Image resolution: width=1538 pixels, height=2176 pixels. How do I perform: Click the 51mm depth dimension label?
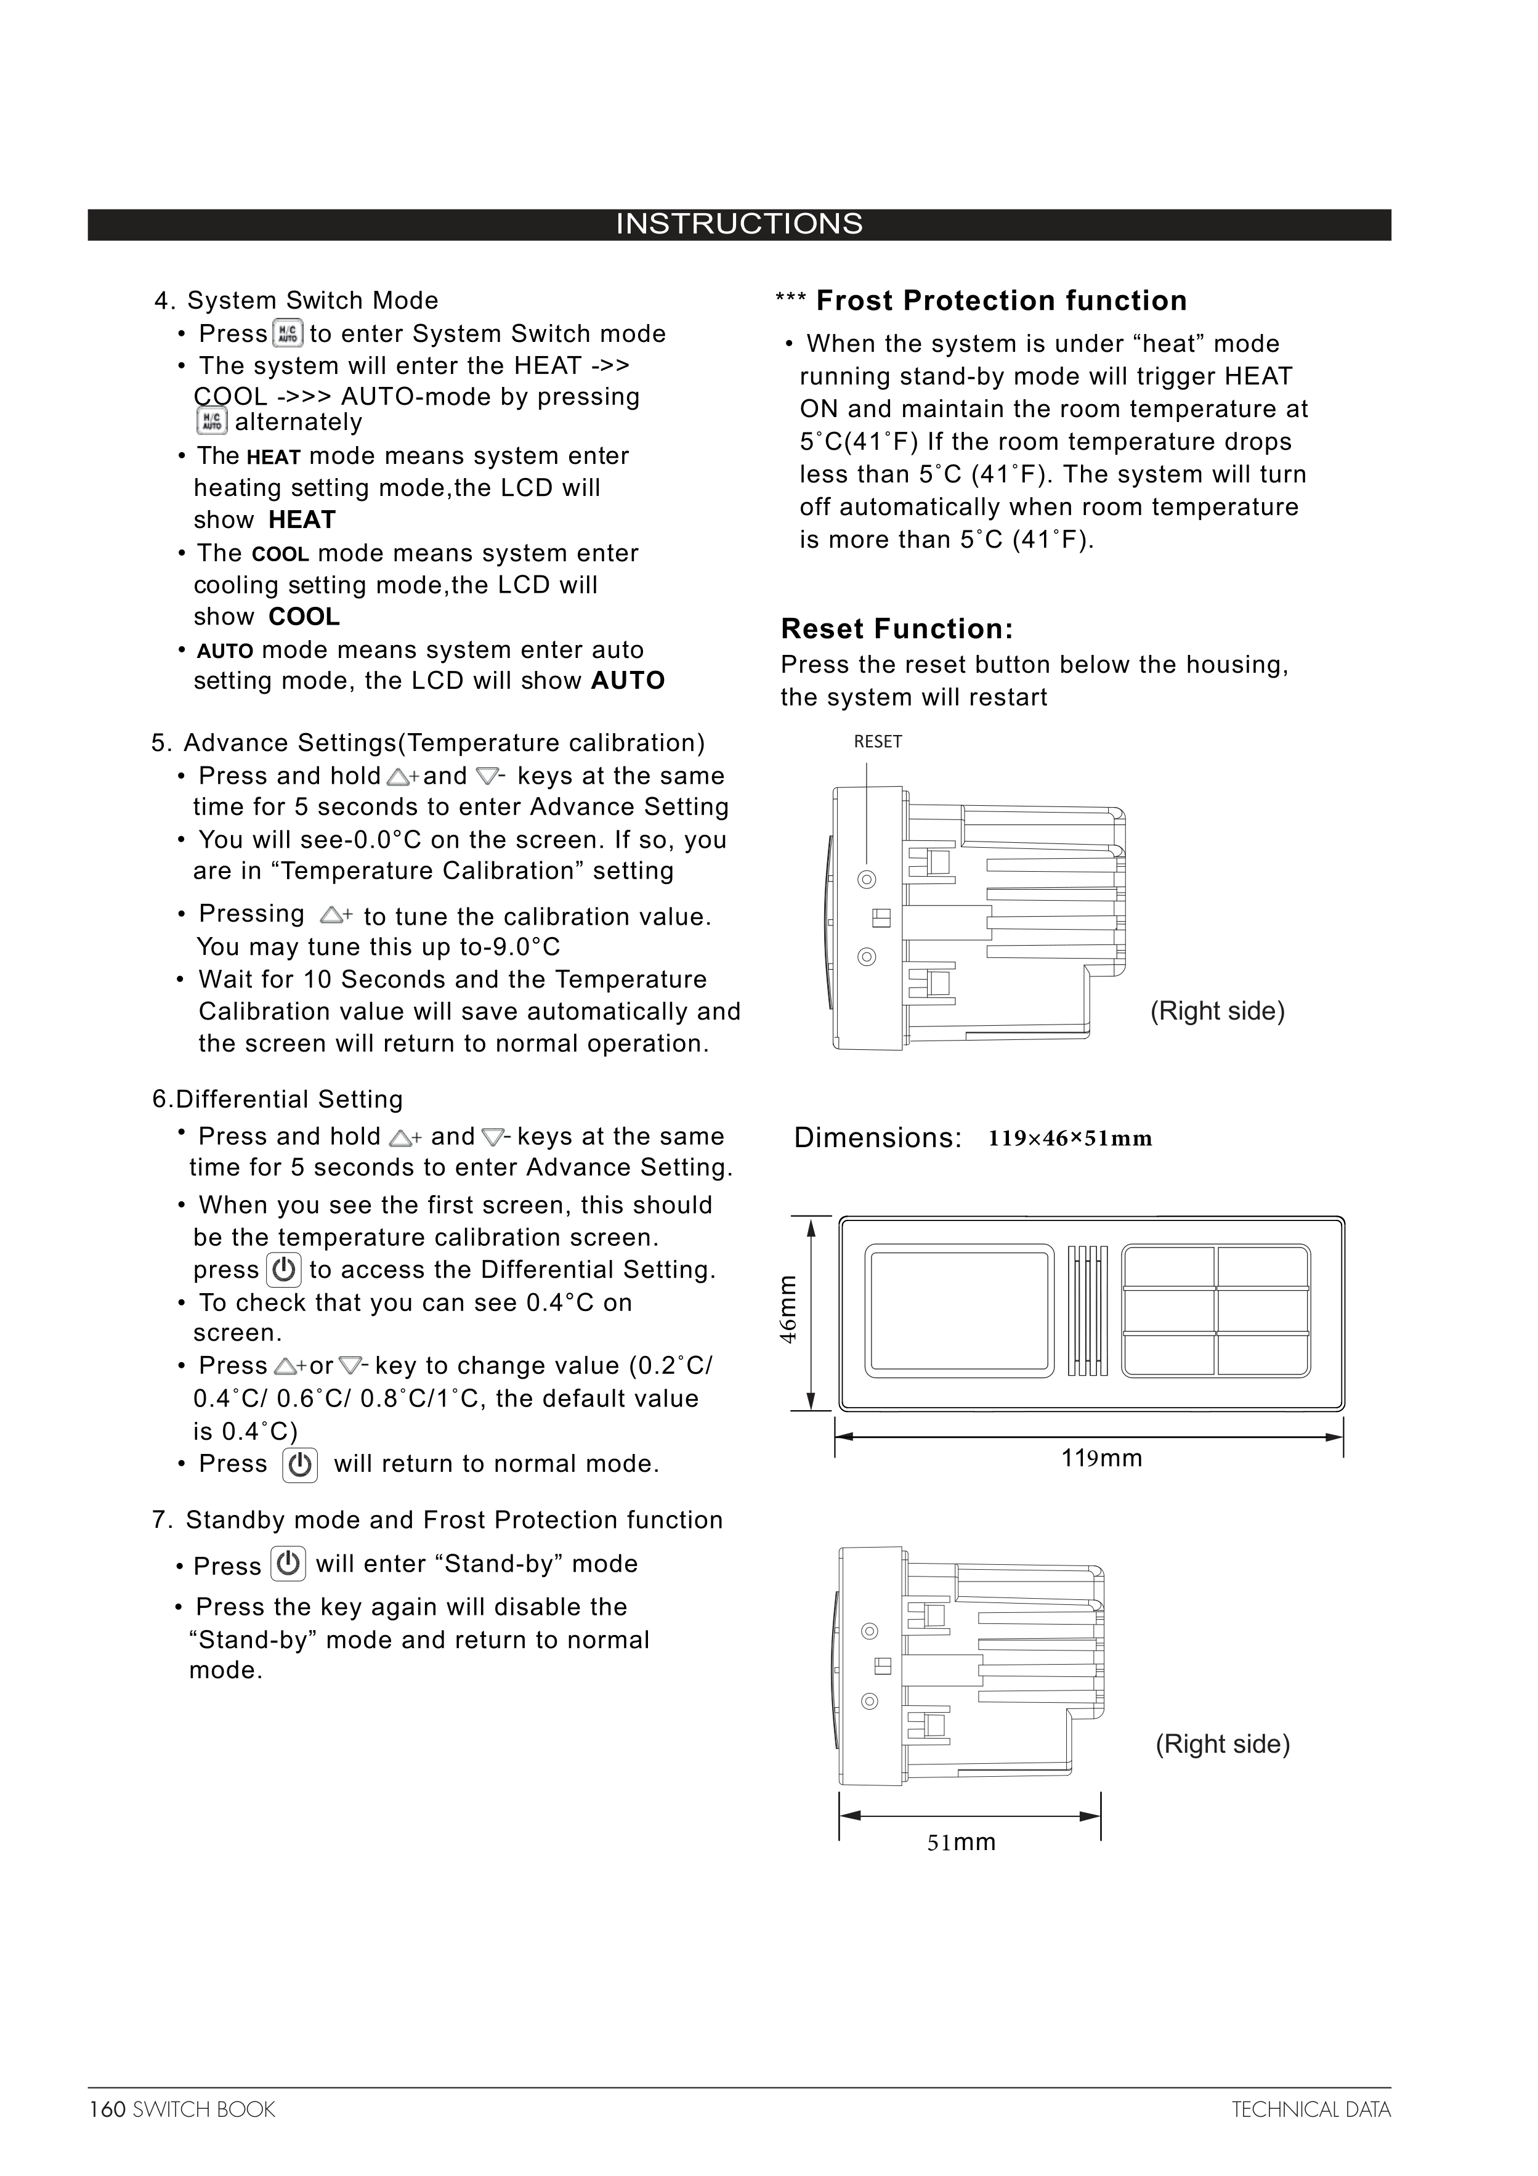[x=961, y=1841]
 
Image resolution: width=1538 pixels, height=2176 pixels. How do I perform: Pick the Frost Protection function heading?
[x=1001, y=301]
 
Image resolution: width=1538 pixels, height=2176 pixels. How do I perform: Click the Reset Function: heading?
[x=896, y=628]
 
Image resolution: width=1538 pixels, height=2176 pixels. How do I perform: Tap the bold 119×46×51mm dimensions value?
[x=1070, y=1139]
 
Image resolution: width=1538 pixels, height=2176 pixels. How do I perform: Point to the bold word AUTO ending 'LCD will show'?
[x=627, y=681]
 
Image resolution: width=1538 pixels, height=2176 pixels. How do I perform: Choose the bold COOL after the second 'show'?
[x=303, y=617]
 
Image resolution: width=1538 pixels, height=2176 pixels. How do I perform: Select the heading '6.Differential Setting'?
[x=278, y=1099]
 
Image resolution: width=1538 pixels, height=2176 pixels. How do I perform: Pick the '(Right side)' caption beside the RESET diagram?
[x=1216, y=1011]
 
